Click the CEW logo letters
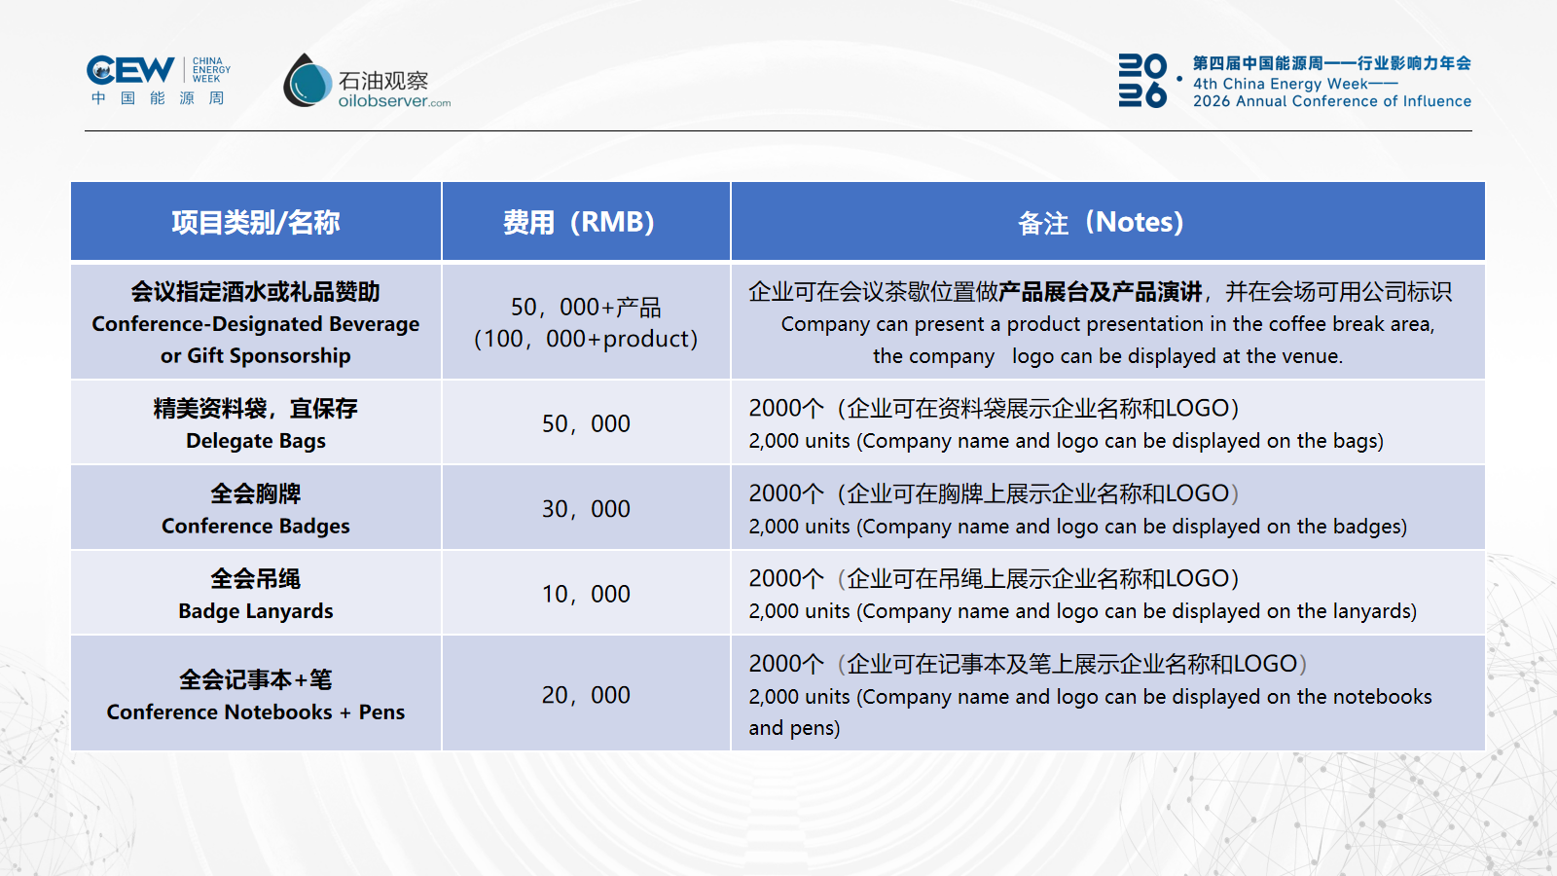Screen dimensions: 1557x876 tap(130, 70)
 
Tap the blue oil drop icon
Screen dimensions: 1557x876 tap(308, 81)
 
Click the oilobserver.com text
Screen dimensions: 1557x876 tap(394, 101)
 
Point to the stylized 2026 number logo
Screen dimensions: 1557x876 tap(1142, 81)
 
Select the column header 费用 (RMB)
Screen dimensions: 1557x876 tap(579, 223)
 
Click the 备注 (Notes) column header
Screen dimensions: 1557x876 tap(1101, 223)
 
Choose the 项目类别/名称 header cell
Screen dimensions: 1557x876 tap(256, 223)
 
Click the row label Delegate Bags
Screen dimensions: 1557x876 tap(256, 441)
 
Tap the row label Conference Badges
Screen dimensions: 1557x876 tap(256, 527)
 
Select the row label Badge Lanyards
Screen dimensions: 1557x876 tap(256, 611)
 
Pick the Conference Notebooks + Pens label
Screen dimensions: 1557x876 tap(256, 712)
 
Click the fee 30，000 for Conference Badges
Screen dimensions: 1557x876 tap(586, 509)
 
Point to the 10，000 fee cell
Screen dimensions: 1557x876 tap(586, 595)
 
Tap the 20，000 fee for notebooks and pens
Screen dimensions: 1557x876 tap(586, 695)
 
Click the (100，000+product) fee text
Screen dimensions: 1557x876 tap(586, 340)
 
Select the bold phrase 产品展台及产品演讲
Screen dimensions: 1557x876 tap(1101, 292)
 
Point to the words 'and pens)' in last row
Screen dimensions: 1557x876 tap(794, 729)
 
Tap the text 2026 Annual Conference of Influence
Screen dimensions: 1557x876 tap(1332, 101)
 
